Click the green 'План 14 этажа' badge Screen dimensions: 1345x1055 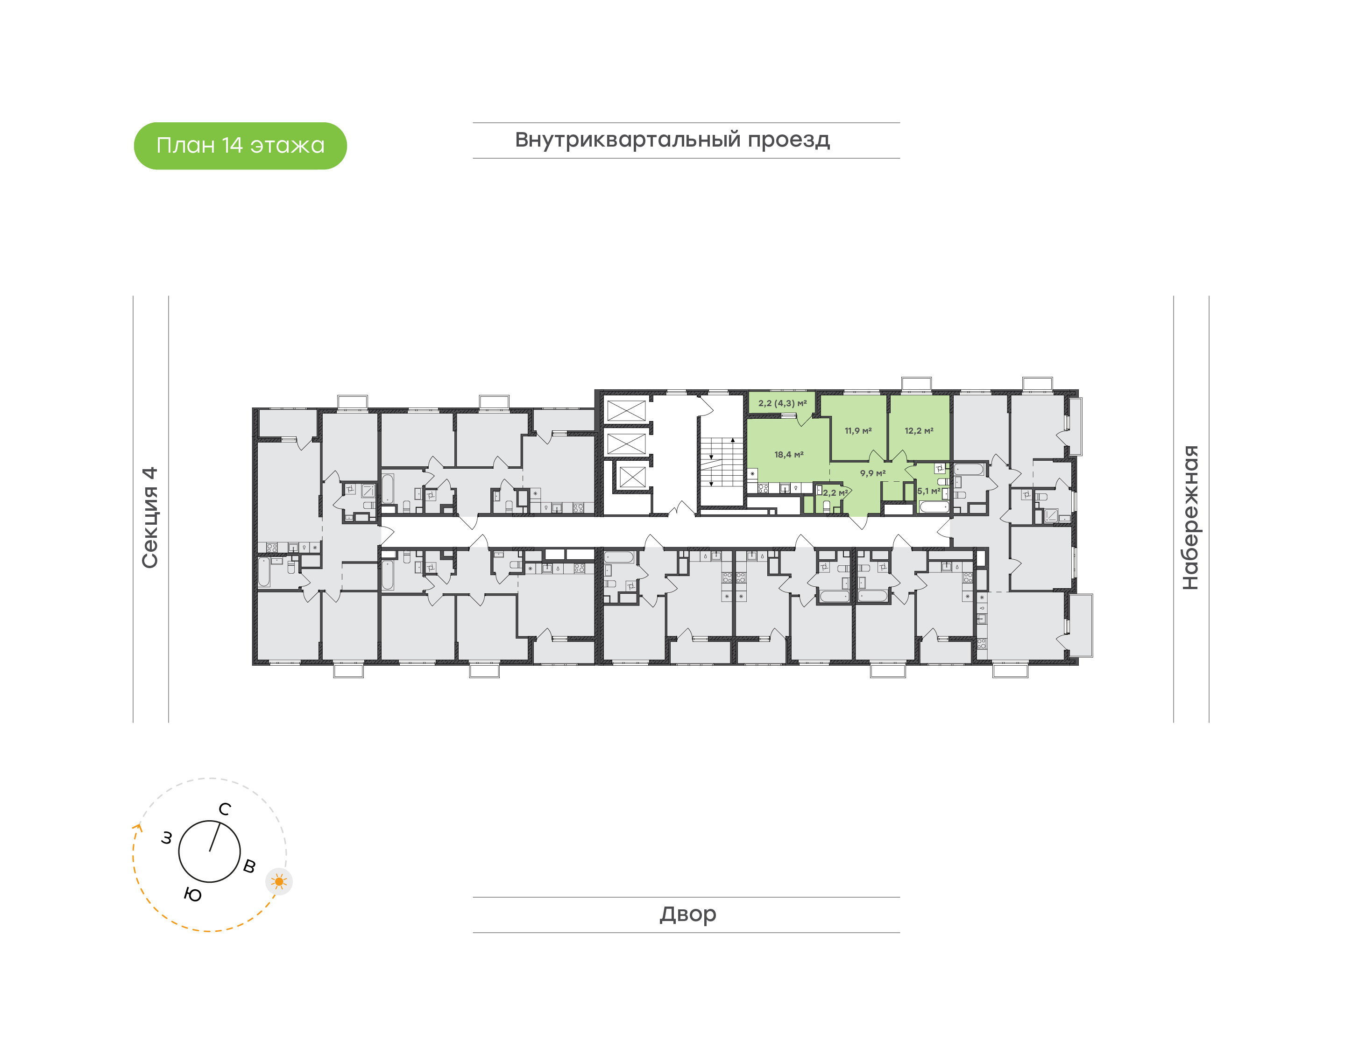click(241, 146)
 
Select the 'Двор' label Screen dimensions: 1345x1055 click(687, 914)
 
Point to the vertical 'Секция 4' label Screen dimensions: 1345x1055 click(150, 517)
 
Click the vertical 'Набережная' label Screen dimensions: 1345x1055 click(1190, 517)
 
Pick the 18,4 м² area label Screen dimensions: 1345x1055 click(789, 455)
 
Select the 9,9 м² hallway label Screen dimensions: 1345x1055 click(872, 473)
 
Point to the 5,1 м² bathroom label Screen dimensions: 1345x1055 click(928, 491)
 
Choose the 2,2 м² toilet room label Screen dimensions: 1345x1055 click(835, 493)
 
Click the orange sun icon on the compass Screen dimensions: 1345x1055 click(279, 881)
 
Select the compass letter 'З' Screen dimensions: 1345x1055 click(167, 838)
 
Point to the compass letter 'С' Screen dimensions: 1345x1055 click(225, 809)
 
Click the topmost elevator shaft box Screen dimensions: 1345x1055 click(626, 410)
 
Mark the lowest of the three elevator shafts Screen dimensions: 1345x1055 click(632, 477)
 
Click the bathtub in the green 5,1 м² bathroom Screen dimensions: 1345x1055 click(934, 507)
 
